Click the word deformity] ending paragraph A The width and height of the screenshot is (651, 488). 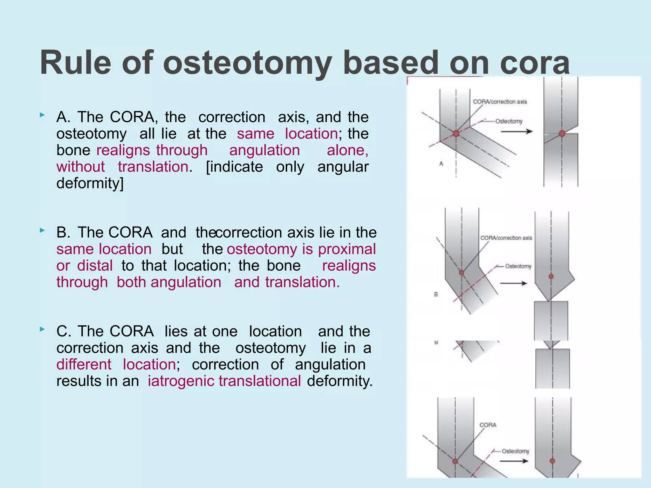[x=90, y=183]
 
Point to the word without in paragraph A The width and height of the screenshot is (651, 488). [x=81, y=167]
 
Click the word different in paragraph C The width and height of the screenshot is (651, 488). [x=84, y=364]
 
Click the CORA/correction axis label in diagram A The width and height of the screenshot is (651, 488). [x=500, y=102]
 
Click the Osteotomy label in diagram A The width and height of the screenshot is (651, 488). [x=509, y=121]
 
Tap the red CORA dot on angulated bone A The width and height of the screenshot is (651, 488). [x=456, y=133]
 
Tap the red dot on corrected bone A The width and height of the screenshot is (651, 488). [x=562, y=133]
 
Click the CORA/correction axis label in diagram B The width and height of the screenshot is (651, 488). [x=506, y=238]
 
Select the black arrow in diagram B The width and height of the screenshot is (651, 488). [x=513, y=283]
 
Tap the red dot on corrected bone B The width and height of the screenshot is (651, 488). [x=551, y=276]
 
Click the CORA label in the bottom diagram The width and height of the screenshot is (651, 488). [x=488, y=425]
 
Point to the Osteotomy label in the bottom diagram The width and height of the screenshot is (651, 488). [x=515, y=451]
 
